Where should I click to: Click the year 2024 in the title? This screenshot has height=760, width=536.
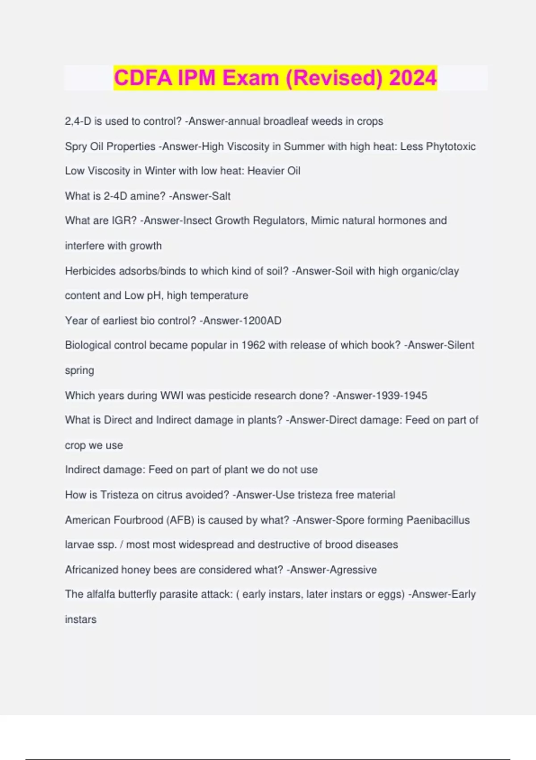pyautogui.click(x=413, y=78)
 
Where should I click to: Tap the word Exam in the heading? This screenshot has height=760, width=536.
pyautogui.click(x=251, y=78)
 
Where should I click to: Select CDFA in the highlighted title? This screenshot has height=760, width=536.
pyautogui.click(x=143, y=78)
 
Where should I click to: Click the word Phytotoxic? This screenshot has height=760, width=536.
pyautogui.click(x=451, y=147)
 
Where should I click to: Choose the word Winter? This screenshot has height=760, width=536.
pyautogui.click(x=160, y=171)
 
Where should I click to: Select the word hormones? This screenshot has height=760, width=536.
pyautogui.click(x=401, y=221)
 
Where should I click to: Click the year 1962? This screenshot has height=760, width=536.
pyautogui.click(x=253, y=345)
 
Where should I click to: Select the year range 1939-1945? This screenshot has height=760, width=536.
pyautogui.click(x=401, y=396)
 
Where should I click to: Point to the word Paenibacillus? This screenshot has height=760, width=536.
pyautogui.click(x=438, y=520)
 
